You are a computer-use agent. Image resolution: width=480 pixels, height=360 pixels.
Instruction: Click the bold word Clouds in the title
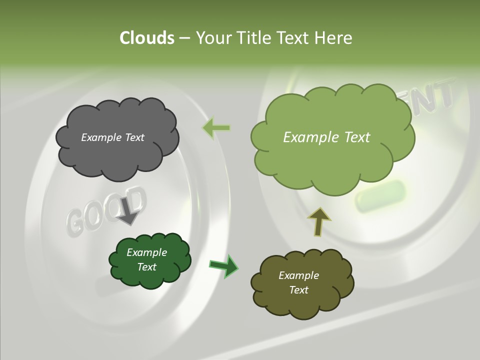(146, 38)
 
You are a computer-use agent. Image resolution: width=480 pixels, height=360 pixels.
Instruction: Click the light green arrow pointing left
(216, 128)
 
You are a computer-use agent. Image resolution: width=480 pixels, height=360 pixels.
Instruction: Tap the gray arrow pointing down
(128, 212)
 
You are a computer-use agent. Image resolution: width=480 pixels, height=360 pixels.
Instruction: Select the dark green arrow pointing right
(223, 265)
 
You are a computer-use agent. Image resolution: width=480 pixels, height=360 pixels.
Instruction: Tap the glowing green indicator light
(380, 195)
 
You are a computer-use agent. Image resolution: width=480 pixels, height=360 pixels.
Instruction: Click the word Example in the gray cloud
(100, 137)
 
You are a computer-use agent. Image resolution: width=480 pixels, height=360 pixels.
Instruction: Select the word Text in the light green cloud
(356, 137)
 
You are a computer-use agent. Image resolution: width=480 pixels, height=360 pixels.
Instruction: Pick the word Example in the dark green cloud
(146, 252)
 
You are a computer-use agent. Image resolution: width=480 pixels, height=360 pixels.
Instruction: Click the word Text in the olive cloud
(298, 290)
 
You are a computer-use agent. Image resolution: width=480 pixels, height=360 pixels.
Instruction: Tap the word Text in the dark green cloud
(146, 267)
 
